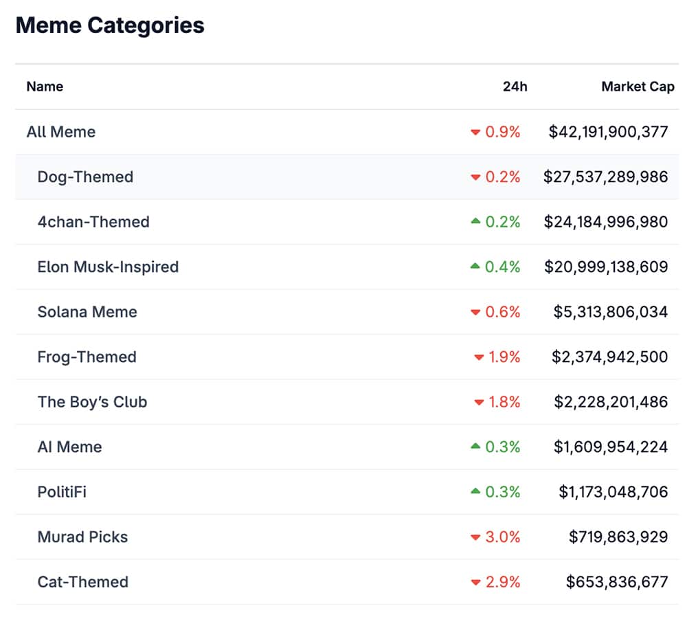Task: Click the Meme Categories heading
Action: (110, 26)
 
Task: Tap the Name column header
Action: (45, 87)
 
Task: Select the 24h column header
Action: (515, 87)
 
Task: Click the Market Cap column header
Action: (638, 87)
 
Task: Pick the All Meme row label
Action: (61, 132)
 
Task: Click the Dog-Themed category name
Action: (85, 177)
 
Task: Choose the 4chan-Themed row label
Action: (93, 222)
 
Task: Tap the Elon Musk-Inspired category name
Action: (108, 267)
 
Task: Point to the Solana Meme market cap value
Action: (610, 312)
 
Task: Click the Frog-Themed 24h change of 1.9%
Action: (504, 357)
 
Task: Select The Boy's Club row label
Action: (92, 402)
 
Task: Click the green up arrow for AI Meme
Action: (475, 447)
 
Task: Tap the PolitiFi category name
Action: (62, 492)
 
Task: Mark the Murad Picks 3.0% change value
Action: (503, 537)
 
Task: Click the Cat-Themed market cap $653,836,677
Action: (616, 582)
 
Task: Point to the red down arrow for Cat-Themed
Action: (475, 583)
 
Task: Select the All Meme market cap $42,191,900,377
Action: (608, 132)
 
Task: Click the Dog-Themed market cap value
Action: (605, 177)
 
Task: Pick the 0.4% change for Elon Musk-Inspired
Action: (503, 267)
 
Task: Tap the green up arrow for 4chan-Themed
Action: (475, 221)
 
